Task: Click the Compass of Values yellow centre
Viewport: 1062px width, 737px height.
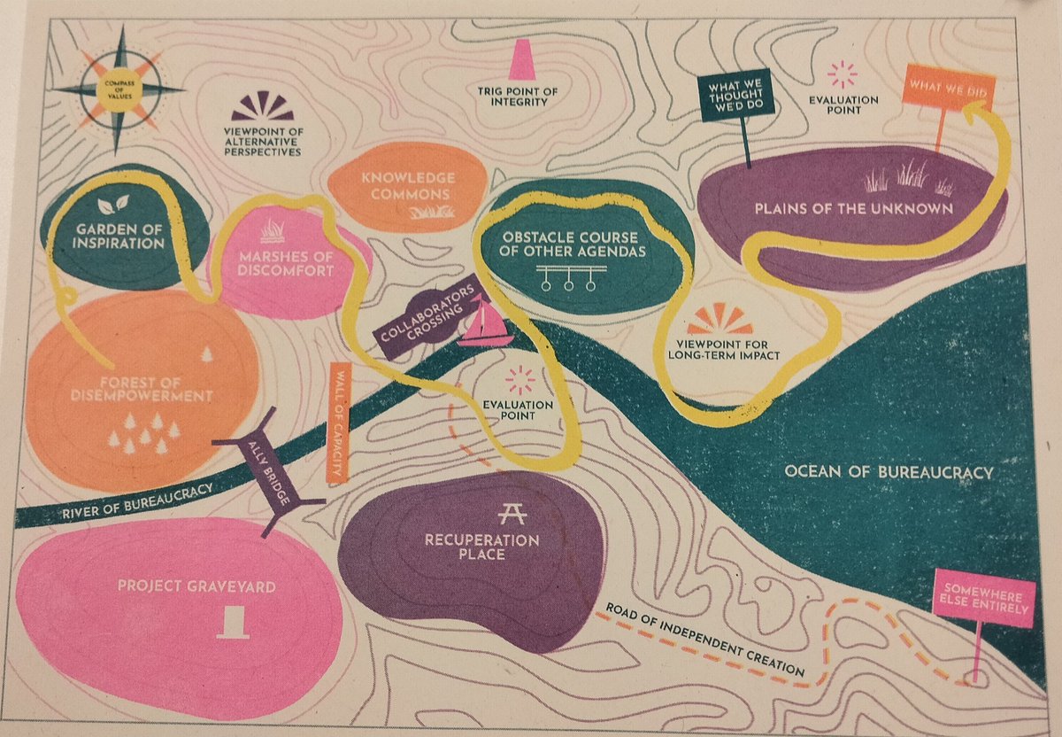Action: (x=117, y=88)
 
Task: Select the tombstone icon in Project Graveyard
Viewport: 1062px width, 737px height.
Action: (x=233, y=620)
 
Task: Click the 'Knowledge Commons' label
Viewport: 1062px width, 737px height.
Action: (x=407, y=186)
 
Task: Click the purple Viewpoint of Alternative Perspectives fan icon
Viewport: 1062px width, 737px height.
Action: (x=262, y=107)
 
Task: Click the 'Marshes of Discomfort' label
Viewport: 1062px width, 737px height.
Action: (x=273, y=264)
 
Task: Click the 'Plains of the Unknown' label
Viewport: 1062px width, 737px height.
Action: (x=853, y=209)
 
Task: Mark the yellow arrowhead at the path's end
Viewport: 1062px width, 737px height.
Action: (x=974, y=112)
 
